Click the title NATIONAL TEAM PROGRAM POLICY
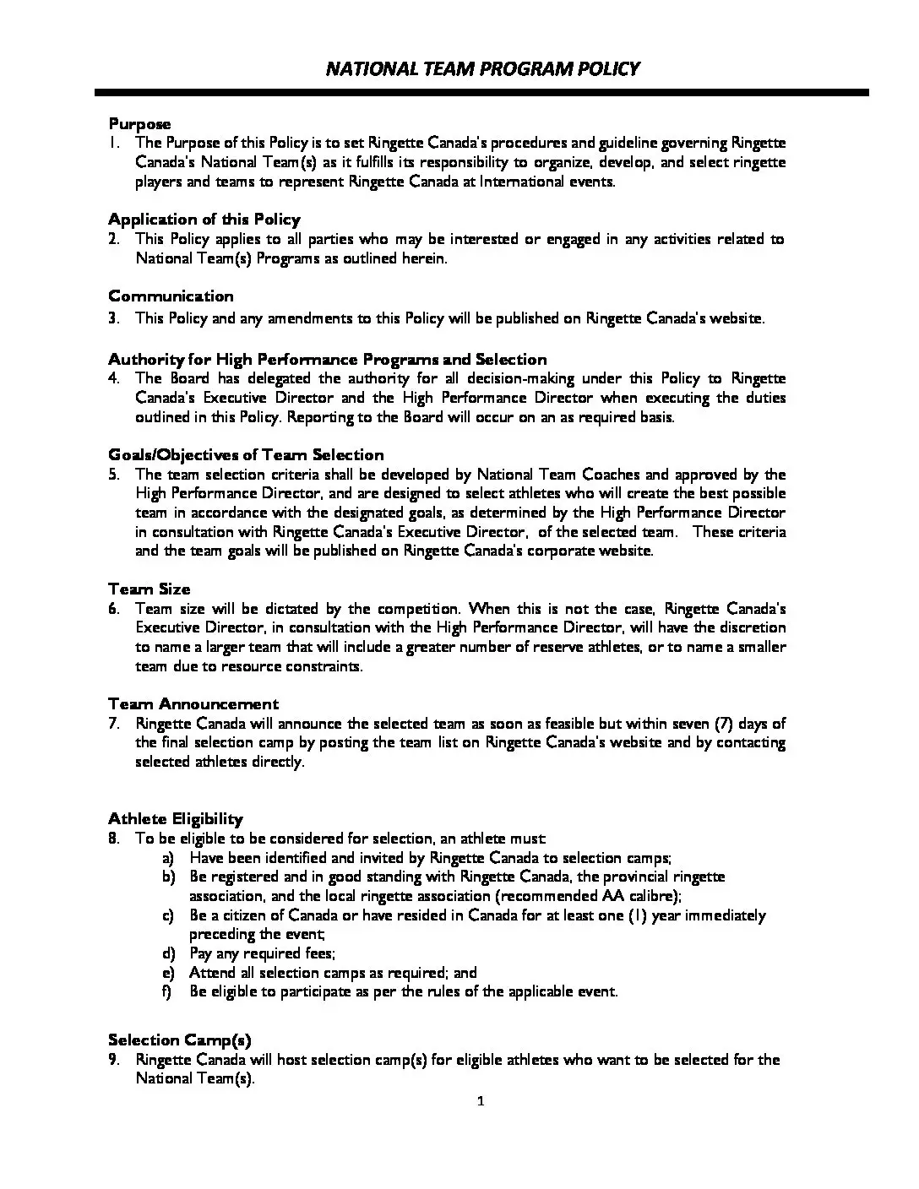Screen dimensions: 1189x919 (482, 68)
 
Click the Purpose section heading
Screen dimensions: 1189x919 (139, 124)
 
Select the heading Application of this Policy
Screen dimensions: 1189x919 (204, 220)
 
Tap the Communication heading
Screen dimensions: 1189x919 (171, 296)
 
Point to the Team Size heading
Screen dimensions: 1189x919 (149, 589)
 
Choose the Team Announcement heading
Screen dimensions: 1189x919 (193, 704)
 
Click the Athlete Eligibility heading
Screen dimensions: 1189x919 (175, 819)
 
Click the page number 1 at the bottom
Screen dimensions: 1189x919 (481, 1101)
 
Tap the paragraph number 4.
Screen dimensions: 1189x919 (113, 378)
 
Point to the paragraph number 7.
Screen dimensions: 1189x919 (113, 724)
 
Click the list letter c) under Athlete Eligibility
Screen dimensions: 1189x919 (168, 915)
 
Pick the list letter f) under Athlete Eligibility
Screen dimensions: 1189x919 (168, 991)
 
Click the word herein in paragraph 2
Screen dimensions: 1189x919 (422, 258)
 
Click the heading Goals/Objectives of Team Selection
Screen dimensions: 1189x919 (246, 455)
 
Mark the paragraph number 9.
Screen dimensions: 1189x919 (113, 1060)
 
